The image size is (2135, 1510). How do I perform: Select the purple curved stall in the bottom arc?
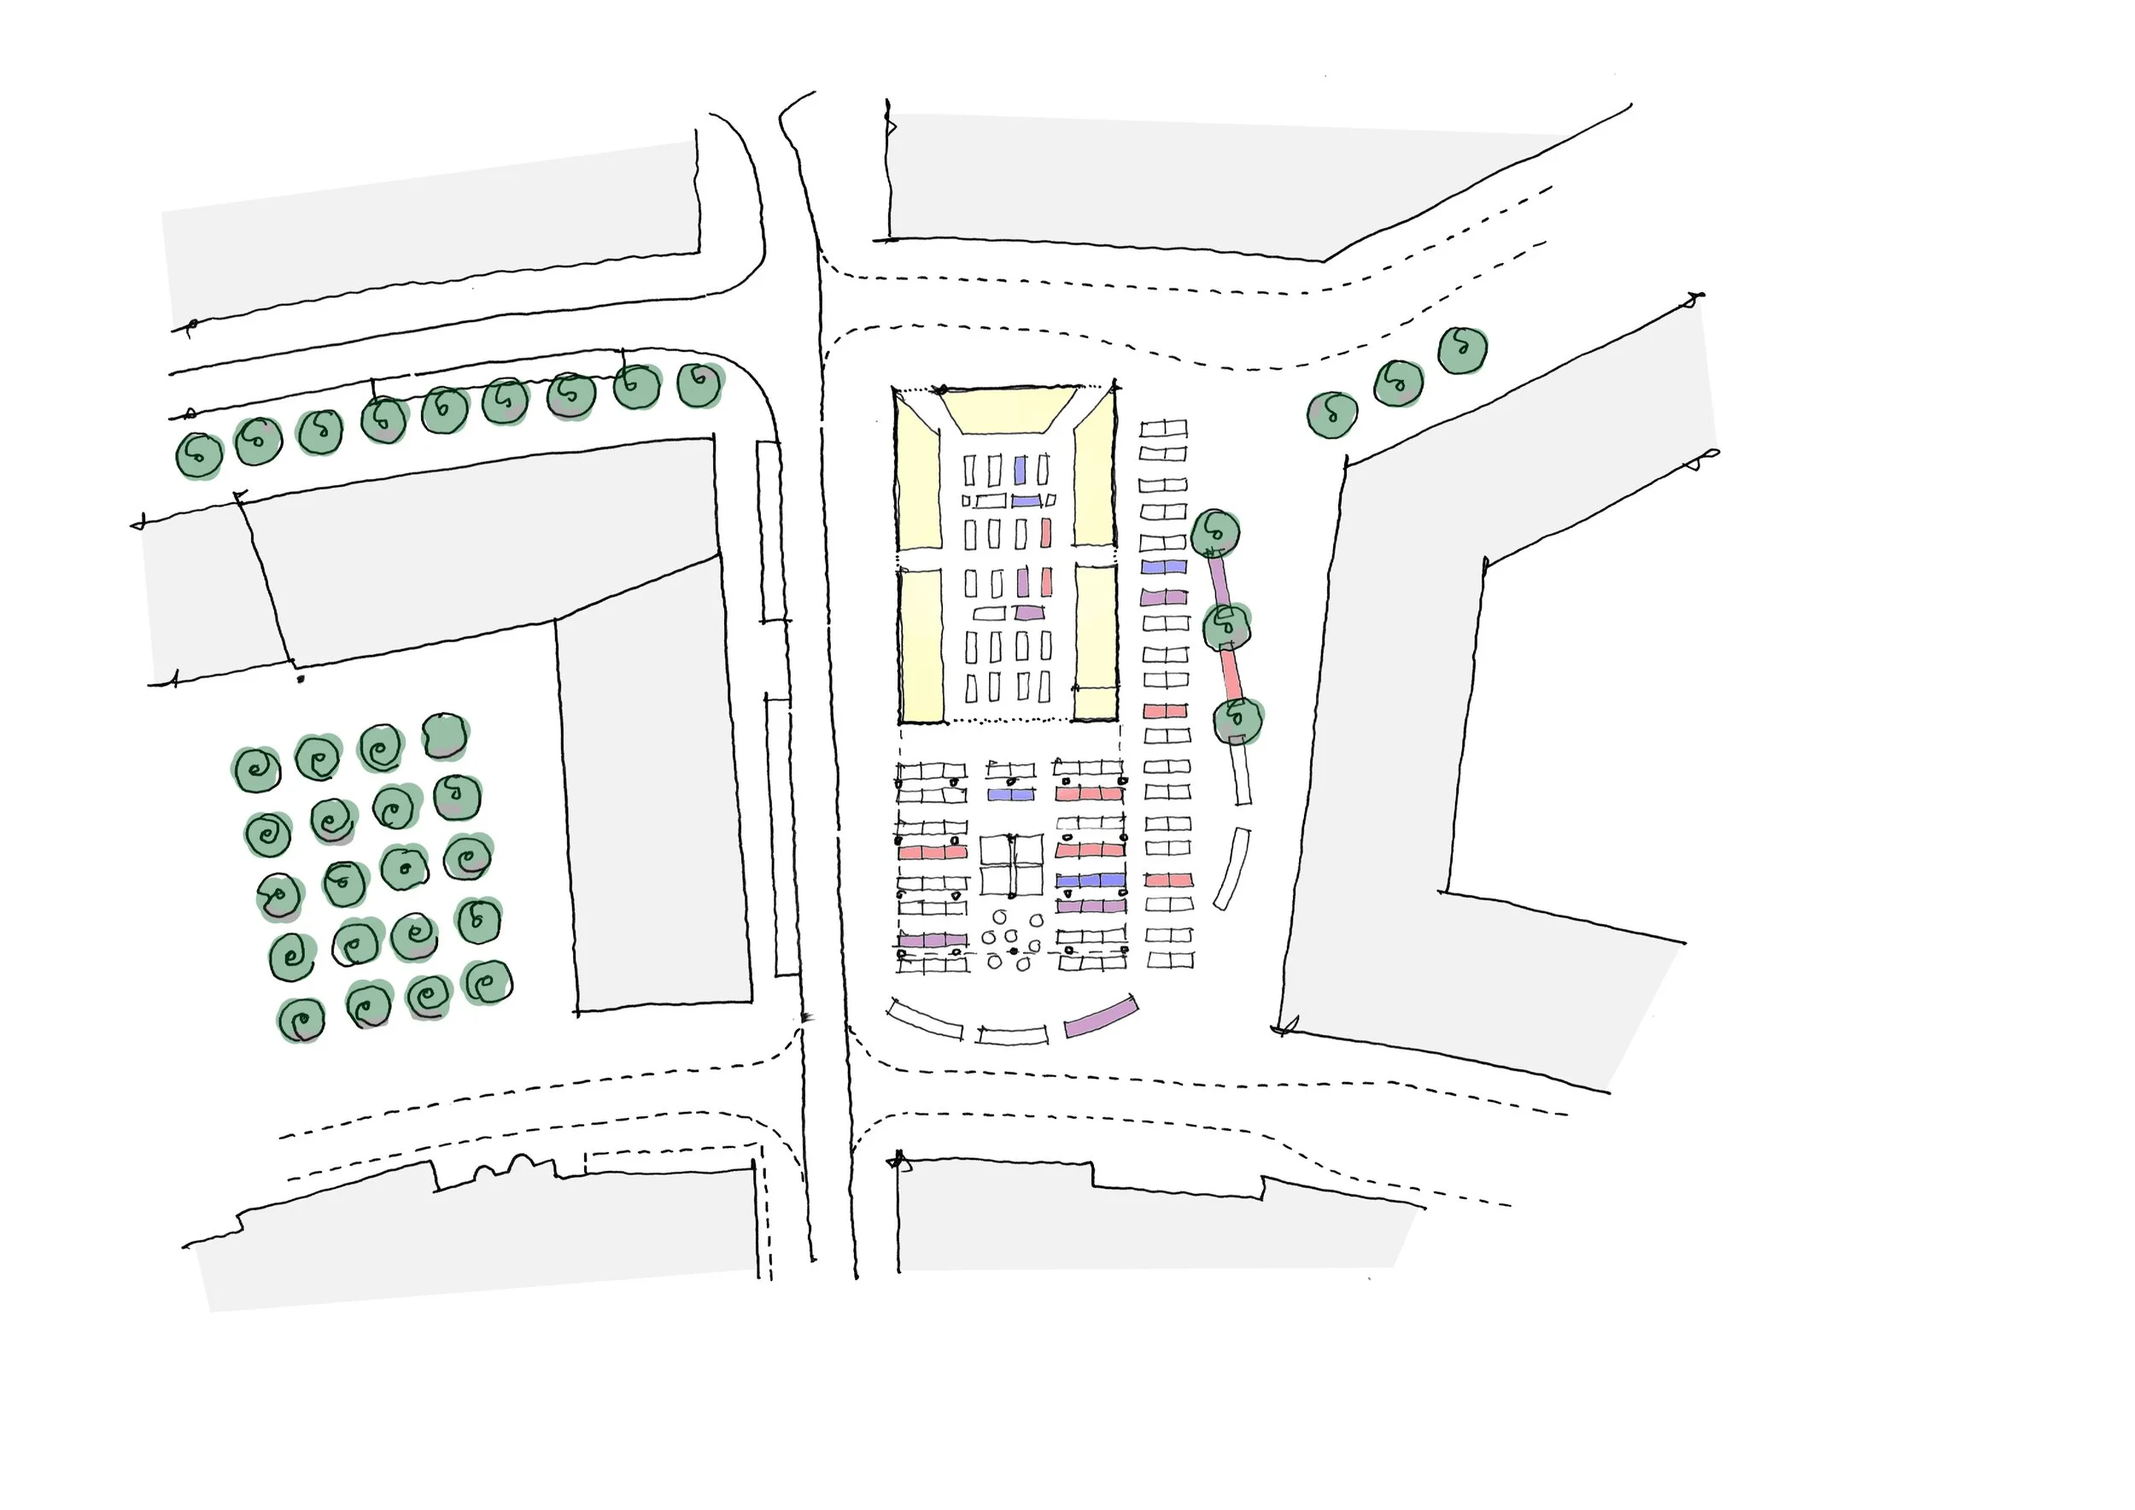point(1101,1017)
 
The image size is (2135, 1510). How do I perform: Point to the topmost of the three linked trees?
point(1215,533)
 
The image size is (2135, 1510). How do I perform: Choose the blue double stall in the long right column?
point(1164,566)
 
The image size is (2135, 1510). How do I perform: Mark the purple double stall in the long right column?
point(1164,597)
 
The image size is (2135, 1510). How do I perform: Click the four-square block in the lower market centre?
point(1012,863)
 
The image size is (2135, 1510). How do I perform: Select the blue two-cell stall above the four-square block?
point(1009,794)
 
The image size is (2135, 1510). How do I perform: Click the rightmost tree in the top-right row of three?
point(1463,350)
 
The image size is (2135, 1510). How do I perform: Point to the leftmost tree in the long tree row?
point(199,454)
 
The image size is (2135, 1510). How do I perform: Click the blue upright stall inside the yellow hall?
point(1020,469)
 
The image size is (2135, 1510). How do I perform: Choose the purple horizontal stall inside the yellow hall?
point(1028,612)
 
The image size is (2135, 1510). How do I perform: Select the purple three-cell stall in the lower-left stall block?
point(932,941)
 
